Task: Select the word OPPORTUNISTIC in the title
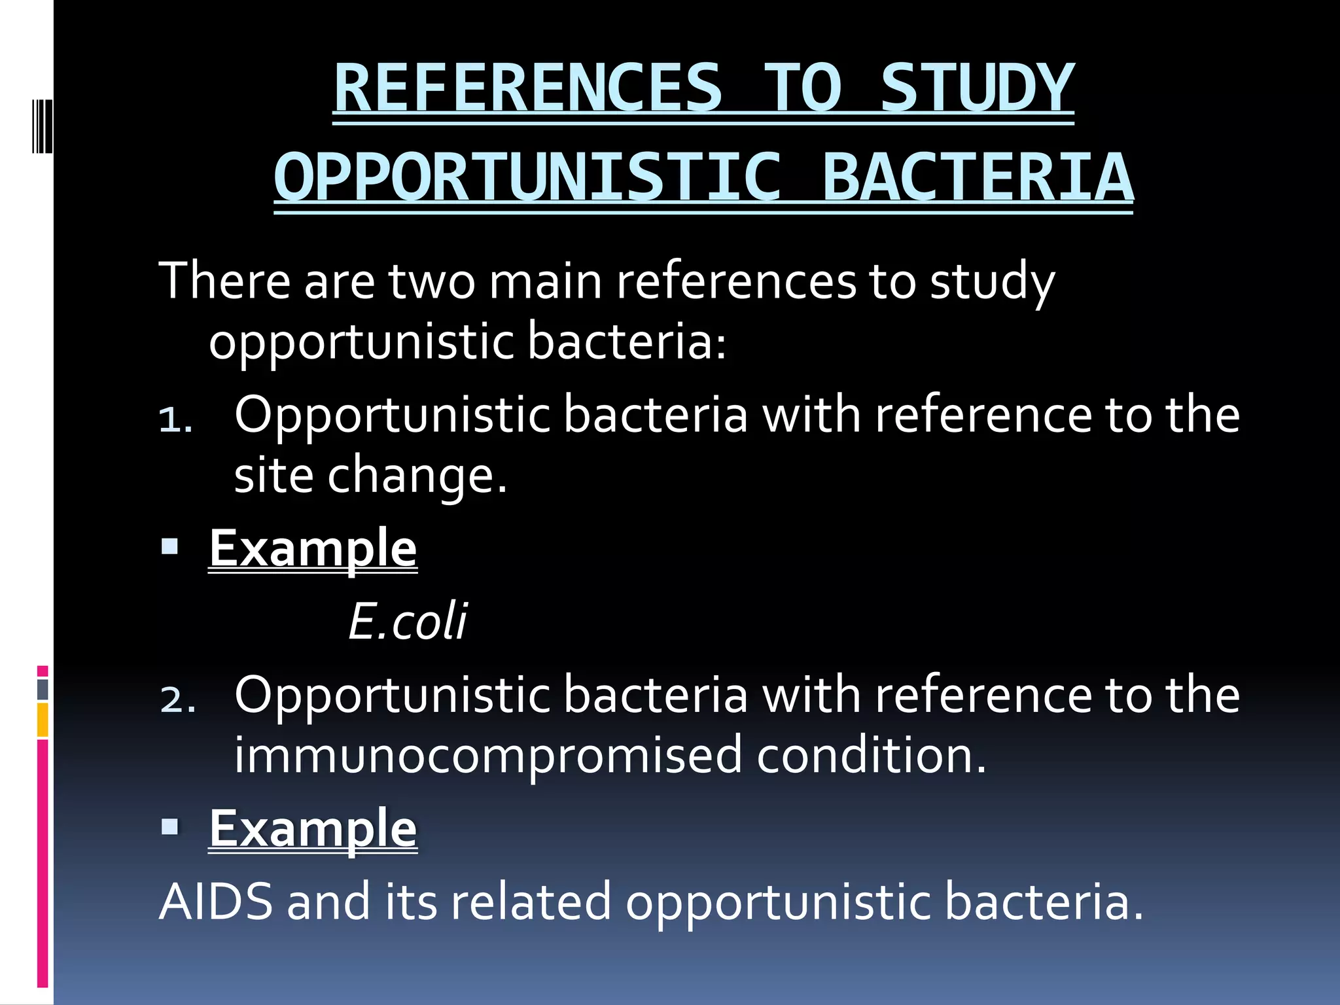[x=527, y=177]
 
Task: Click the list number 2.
[x=177, y=700]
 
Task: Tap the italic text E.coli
[x=407, y=621]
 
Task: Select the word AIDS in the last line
[x=215, y=902]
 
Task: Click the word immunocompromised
[x=488, y=755]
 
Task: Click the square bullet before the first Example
[x=170, y=546]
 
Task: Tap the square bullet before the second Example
[x=170, y=826]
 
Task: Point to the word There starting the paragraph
[x=224, y=281]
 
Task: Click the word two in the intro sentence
[x=432, y=281]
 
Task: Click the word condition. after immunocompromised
[x=871, y=755]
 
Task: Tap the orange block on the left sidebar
[x=43, y=720]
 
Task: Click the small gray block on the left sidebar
[x=43, y=689]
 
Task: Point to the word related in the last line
[x=531, y=902]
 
